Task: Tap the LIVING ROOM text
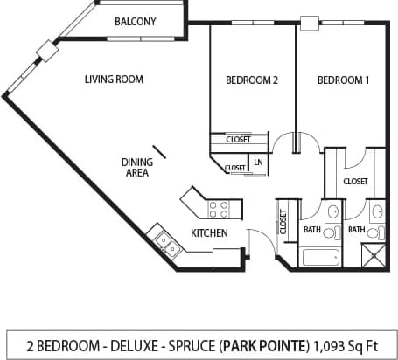114,80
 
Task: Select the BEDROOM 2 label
251,80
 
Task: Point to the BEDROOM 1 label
342,80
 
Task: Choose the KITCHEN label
209,233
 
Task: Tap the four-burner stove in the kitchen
219,209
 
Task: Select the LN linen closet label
258,163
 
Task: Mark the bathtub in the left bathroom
319,258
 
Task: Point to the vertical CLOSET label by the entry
283,220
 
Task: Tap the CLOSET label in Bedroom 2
237,139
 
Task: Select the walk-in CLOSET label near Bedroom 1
355,182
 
